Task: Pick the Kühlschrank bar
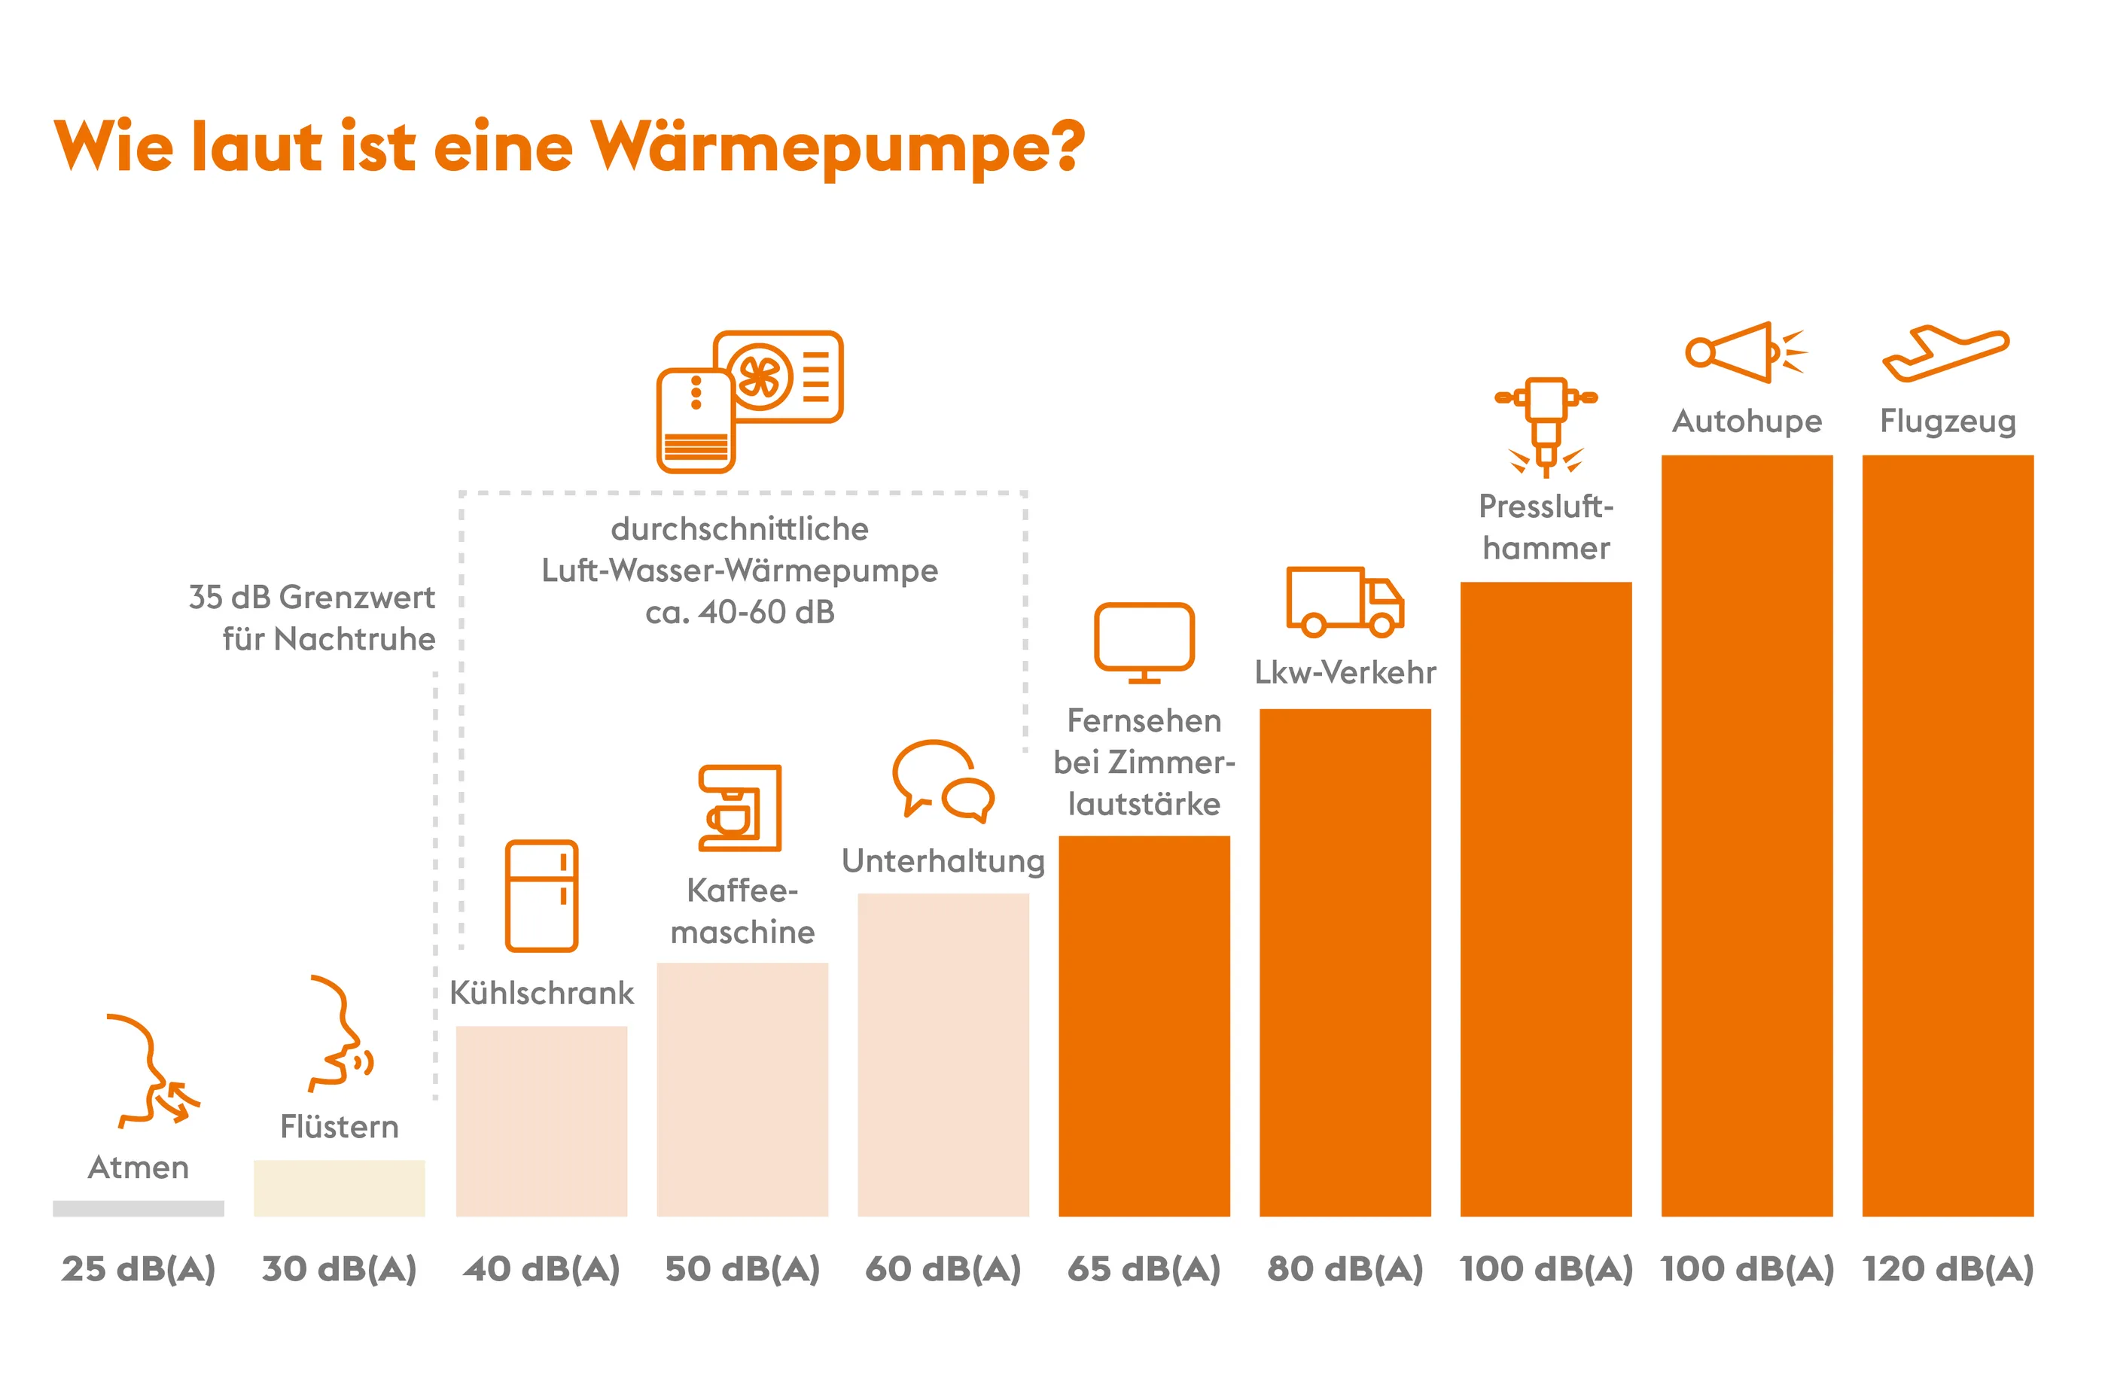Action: (541, 1120)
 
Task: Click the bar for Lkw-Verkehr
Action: (1345, 961)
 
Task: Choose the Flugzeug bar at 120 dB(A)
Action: (1947, 835)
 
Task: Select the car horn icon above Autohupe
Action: (1743, 352)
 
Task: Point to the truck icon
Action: (1344, 602)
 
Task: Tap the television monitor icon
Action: (1144, 642)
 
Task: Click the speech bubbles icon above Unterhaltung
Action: (943, 778)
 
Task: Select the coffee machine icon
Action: (739, 808)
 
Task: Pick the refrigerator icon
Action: (541, 895)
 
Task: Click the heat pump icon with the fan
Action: (748, 401)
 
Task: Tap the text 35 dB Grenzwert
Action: (312, 598)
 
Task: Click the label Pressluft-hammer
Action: (1546, 527)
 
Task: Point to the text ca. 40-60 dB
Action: (739, 612)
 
